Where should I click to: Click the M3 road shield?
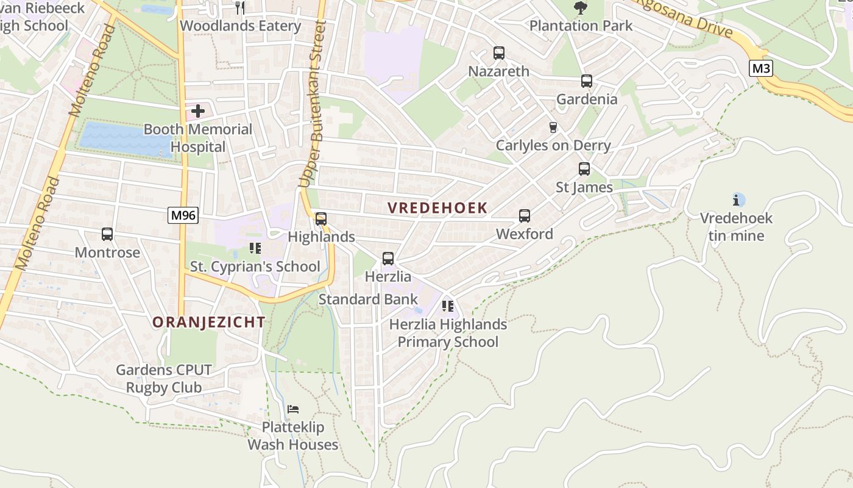pyautogui.click(x=761, y=68)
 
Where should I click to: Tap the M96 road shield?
pyautogui.click(x=183, y=215)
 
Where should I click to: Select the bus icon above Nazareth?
pyautogui.click(x=499, y=53)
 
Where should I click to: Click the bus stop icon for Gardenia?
pyautogui.click(x=587, y=81)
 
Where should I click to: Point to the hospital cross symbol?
pyautogui.click(x=198, y=111)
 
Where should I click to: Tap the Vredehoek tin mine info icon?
pyautogui.click(x=737, y=199)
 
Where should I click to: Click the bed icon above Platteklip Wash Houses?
pyautogui.click(x=293, y=409)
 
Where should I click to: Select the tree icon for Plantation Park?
pyautogui.click(x=581, y=8)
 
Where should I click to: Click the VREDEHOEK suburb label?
pyautogui.click(x=437, y=208)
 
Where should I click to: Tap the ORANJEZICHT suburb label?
pyautogui.click(x=209, y=322)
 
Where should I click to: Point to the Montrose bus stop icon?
pyautogui.click(x=107, y=234)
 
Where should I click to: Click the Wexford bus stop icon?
pyautogui.click(x=525, y=216)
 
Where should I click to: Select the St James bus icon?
pyautogui.click(x=584, y=169)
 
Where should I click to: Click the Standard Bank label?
pyautogui.click(x=368, y=300)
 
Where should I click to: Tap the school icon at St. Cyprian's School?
pyautogui.click(x=255, y=248)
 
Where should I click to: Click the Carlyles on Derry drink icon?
pyautogui.click(x=553, y=127)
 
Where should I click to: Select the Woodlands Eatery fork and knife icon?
pyautogui.click(x=240, y=8)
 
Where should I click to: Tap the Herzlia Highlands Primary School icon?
pyautogui.click(x=448, y=306)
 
